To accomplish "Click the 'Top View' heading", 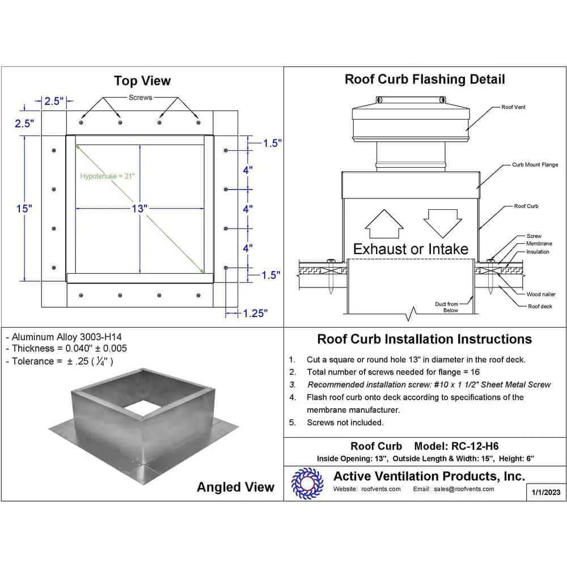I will [142, 81].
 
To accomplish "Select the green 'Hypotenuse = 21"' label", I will [107, 176].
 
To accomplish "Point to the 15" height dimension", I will [24, 209].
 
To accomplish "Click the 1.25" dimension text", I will [255, 313].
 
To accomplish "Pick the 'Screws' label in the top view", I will [140, 98].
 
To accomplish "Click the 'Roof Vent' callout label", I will [513, 107].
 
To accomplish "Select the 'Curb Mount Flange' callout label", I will [535, 165].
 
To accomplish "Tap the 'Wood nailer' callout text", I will [540, 294].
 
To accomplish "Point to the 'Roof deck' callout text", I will [540, 306].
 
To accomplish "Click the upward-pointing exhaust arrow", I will [383, 225].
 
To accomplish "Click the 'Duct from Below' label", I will [446, 307].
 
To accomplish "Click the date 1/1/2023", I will [547, 492].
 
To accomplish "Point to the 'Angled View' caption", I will [235, 487].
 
